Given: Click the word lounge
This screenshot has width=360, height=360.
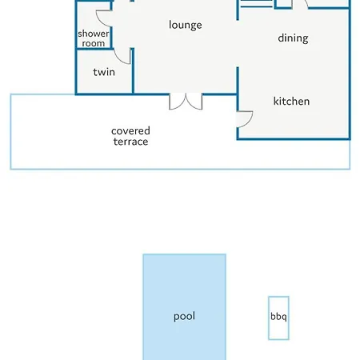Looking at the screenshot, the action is pos(186,26).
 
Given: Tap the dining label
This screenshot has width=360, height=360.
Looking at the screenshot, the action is pos(293,38).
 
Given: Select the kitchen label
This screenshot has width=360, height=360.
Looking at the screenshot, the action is pos(291,102).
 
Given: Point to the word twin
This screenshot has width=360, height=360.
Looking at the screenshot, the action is pos(104,72).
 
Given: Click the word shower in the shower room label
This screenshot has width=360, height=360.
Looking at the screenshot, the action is pos(94,34).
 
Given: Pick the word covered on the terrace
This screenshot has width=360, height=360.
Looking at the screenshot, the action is pos(130,131).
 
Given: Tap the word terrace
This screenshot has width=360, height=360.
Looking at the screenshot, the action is pos(130,142).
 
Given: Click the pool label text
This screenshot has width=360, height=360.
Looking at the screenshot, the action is pos(184,317).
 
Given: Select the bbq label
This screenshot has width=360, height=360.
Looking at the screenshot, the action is pos(278,317).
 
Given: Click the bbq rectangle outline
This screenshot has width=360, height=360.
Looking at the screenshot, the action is pos(269,318).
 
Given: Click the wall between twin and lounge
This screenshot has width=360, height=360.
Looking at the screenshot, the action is pos(132,71).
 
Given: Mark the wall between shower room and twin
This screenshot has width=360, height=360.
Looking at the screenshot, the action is pos(94,49).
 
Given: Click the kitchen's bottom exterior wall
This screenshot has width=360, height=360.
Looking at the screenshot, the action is pos(294,138).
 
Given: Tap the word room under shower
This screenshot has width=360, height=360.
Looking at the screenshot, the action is pos(94,43).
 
